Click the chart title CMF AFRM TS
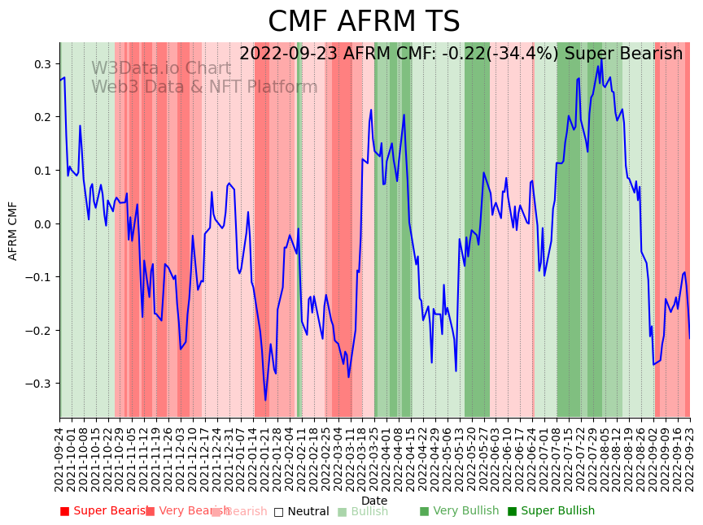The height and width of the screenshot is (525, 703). pyautogui.click(x=364, y=22)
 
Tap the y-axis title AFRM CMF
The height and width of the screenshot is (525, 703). pyautogui.click(x=13, y=231)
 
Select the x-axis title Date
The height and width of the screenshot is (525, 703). pyautogui.click(x=374, y=501)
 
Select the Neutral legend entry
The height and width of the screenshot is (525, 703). pyautogui.click(x=301, y=512)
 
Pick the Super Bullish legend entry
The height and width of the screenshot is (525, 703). pyautogui.click(x=551, y=511)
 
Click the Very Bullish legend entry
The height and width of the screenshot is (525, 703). pyautogui.click(x=459, y=511)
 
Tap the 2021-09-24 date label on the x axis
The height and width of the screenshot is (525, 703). pyautogui.click(x=59, y=459)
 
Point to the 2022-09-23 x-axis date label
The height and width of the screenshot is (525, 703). pyautogui.click(x=691, y=459)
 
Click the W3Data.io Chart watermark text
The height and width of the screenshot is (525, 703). pyautogui.click(x=161, y=68)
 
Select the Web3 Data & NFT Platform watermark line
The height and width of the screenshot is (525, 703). pyautogui.click(x=204, y=87)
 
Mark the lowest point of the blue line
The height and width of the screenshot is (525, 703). pyautogui.click(x=265, y=400)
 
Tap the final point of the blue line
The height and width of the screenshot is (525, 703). pyautogui.click(x=690, y=338)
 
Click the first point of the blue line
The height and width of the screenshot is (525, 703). pyautogui.click(x=60, y=80)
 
